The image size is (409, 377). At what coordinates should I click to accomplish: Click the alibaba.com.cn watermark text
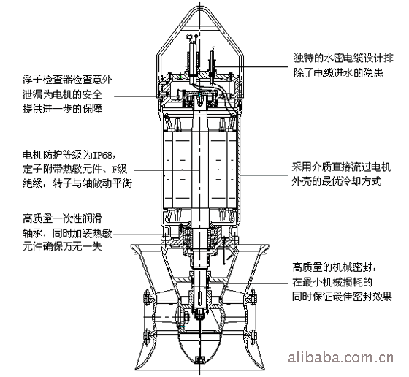point(340,357)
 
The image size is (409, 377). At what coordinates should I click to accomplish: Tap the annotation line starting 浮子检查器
point(67,80)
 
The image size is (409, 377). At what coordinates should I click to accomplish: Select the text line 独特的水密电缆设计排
point(343,58)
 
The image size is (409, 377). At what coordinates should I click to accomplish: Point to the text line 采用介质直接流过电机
point(342,167)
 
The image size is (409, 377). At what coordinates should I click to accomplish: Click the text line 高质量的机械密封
point(333,267)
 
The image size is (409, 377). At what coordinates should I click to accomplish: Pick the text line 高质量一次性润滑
point(62,218)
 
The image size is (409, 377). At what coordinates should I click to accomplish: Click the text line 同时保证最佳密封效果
point(342,297)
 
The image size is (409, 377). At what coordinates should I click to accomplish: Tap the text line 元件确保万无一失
point(62,247)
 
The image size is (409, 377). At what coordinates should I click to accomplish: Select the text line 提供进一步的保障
point(62,109)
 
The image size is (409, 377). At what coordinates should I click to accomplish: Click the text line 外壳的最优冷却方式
point(337,181)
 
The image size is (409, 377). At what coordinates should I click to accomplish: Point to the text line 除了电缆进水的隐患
point(339,72)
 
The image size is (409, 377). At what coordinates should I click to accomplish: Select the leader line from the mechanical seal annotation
point(250,283)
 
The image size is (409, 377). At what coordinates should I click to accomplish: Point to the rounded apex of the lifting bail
point(200,6)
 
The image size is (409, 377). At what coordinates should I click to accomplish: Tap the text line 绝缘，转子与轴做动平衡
point(77,183)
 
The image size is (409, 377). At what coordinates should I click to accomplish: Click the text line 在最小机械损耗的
point(332,282)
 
